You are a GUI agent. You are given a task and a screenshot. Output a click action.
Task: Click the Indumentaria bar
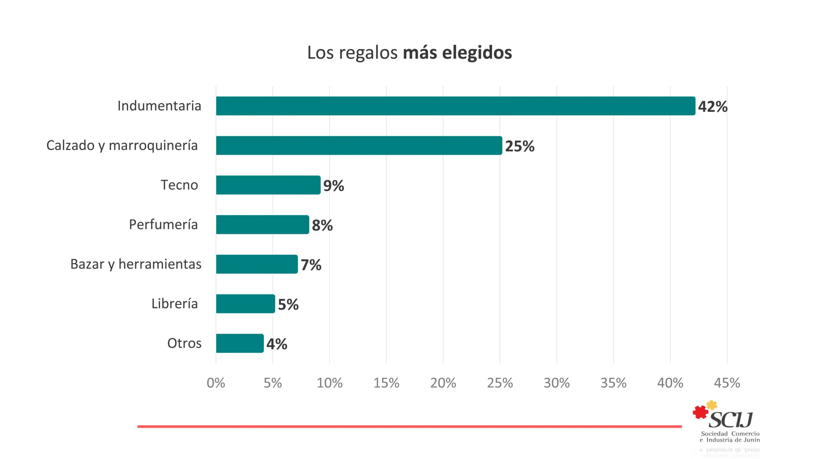pyautogui.click(x=455, y=106)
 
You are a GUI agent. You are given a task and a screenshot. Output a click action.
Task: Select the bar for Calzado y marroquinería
pyautogui.click(x=359, y=145)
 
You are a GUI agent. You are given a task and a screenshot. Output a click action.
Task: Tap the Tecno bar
pyautogui.click(x=268, y=185)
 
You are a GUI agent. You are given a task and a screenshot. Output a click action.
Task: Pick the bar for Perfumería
pyautogui.click(x=262, y=224)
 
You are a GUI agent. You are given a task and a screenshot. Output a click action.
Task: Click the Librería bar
pyautogui.click(x=245, y=303)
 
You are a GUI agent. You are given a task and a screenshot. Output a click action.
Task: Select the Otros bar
pyautogui.click(x=240, y=343)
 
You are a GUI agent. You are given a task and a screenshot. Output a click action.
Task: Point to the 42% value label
pyautogui.click(x=713, y=106)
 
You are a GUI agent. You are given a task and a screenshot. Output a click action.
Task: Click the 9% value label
pyautogui.click(x=333, y=186)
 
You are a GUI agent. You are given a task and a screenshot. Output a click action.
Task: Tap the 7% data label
pyautogui.click(x=311, y=265)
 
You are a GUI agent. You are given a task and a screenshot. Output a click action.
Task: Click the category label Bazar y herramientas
pyautogui.click(x=136, y=264)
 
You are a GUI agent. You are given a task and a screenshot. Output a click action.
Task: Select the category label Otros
pyautogui.click(x=184, y=343)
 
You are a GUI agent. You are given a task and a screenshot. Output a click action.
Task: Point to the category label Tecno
pyautogui.click(x=179, y=185)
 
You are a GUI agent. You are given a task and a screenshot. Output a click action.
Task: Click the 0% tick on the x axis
pyautogui.click(x=216, y=383)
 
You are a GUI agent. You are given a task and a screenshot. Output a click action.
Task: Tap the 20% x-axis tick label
pyautogui.click(x=443, y=383)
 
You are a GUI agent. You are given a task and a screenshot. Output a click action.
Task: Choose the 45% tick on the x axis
pyautogui.click(x=727, y=383)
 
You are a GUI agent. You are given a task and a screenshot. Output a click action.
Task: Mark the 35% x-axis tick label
pyautogui.click(x=613, y=383)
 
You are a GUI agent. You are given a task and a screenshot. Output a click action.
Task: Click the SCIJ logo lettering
pyautogui.click(x=731, y=420)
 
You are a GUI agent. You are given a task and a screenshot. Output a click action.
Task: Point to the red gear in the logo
pyautogui.click(x=700, y=412)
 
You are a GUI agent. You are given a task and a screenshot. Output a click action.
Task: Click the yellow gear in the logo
pyautogui.click(x=712, y=405)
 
